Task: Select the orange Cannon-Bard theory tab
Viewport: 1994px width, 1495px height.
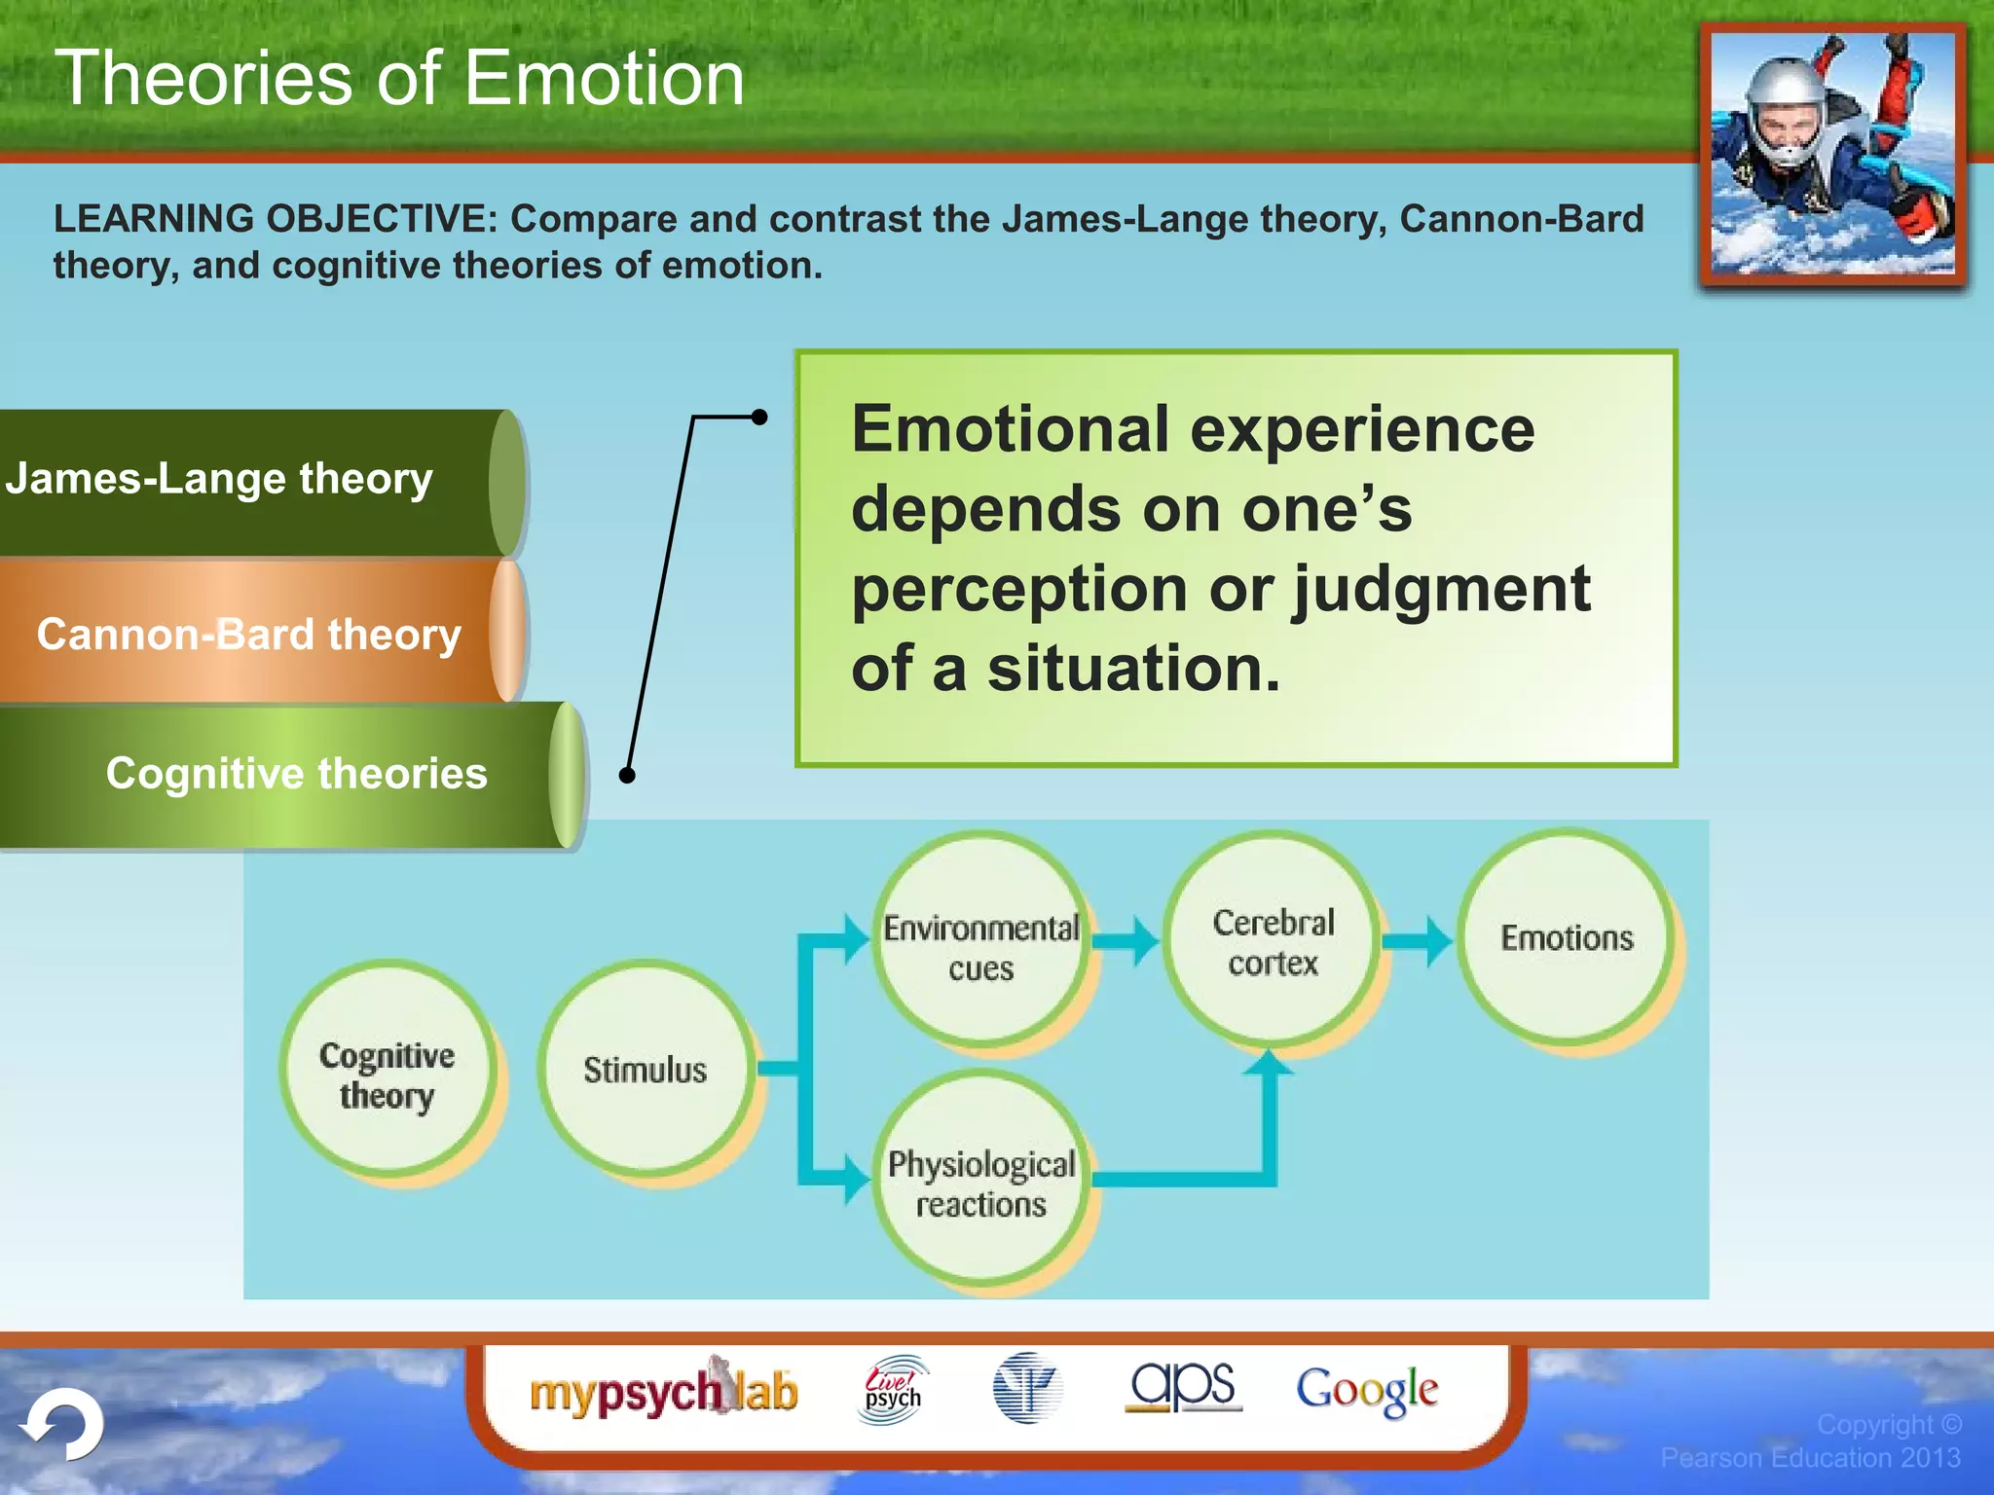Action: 248,634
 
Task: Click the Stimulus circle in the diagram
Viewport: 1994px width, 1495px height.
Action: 645,1069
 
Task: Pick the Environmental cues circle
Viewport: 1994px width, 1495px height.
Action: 980,941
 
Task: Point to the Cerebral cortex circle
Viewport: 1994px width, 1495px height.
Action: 1273,940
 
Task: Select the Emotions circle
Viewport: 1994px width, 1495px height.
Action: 1566,937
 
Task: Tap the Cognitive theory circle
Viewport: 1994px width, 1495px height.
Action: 387,1073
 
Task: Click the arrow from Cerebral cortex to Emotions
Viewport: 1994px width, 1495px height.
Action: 1418,940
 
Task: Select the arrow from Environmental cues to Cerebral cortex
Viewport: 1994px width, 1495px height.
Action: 1126,940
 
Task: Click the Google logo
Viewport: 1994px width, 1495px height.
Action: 1366,1390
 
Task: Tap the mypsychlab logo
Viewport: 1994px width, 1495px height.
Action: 663,1390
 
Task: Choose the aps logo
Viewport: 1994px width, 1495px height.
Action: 1182,1386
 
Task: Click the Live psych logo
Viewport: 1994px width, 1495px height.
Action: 892,1390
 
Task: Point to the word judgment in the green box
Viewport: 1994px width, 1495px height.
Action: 1441,590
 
